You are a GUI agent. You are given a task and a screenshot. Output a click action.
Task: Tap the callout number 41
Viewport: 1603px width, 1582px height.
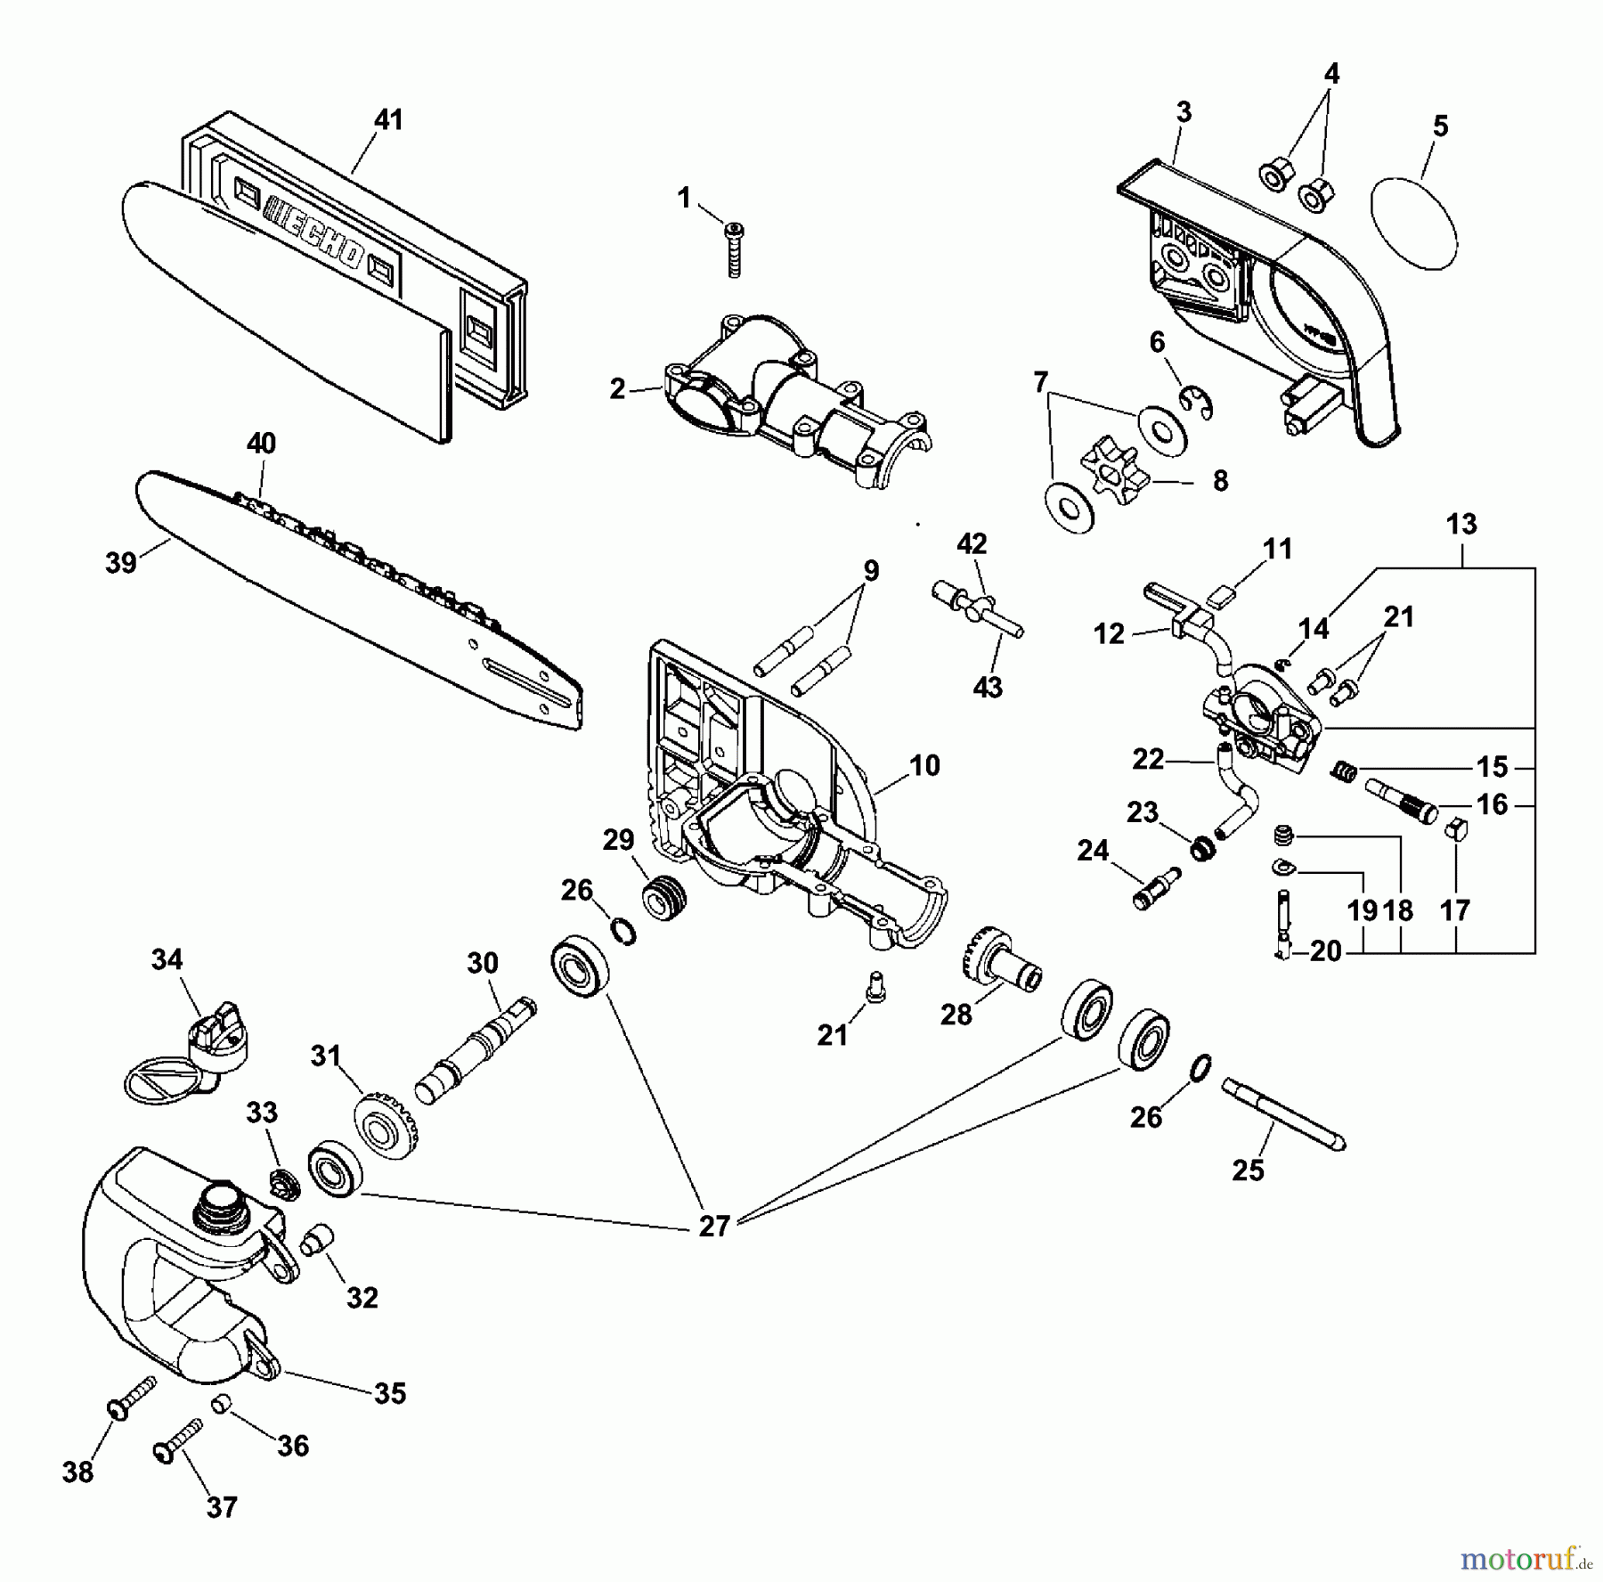pyautogui.click(x=388, y=119)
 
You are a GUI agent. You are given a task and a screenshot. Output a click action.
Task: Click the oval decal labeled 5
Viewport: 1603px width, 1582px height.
pyautogui.click(x=1414, y=223)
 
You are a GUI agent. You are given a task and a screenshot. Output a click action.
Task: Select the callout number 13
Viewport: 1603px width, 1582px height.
pyautogui.click(x=1461, y=524)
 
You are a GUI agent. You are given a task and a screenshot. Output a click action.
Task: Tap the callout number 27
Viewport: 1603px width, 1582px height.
pyautogui.click(x=714, y=1227)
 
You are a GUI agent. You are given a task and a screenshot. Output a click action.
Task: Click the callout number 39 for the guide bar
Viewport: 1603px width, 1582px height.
pyautogui.click(x=121, y=562)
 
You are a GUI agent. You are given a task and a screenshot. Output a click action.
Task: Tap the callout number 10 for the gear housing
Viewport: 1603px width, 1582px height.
pyautogui.click(x=924, y=765)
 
